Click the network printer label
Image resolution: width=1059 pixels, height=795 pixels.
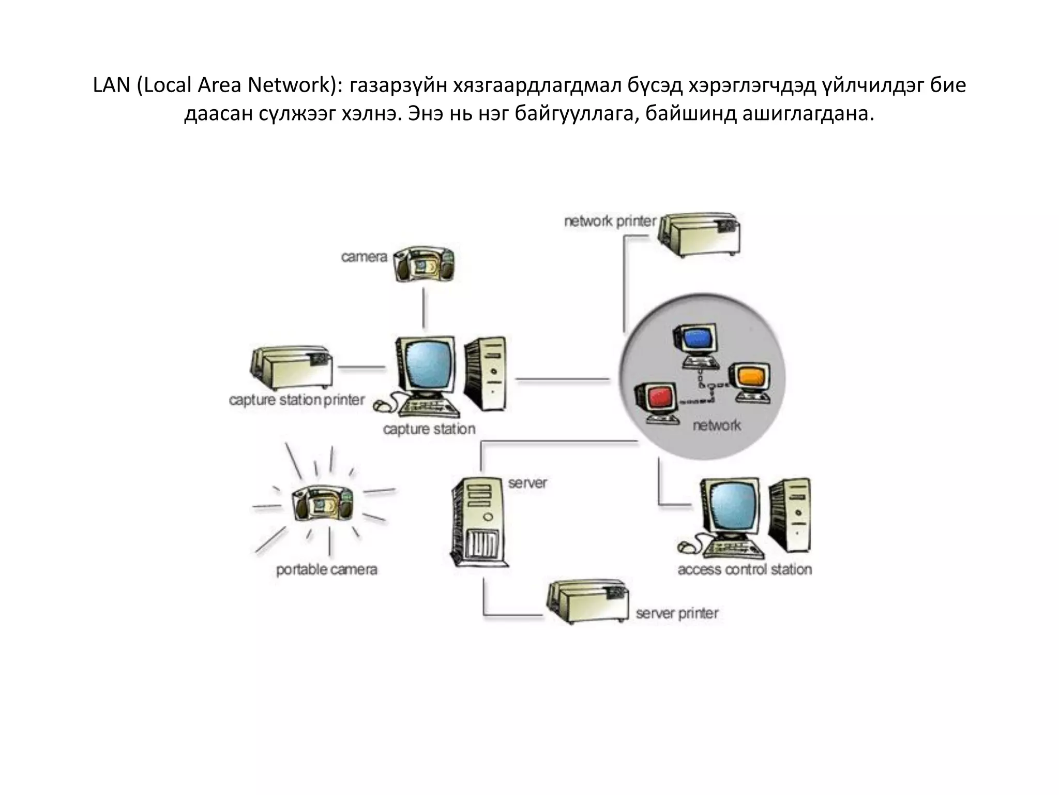610,222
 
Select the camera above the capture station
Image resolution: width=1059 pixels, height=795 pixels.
424,264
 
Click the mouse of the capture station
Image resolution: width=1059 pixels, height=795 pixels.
381,406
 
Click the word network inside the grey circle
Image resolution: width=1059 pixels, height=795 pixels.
717,425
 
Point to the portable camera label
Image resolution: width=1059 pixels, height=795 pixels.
326,570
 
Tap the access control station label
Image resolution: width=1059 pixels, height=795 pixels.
745,570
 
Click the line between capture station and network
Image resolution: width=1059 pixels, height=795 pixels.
563,380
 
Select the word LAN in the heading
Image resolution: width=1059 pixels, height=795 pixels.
111,85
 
